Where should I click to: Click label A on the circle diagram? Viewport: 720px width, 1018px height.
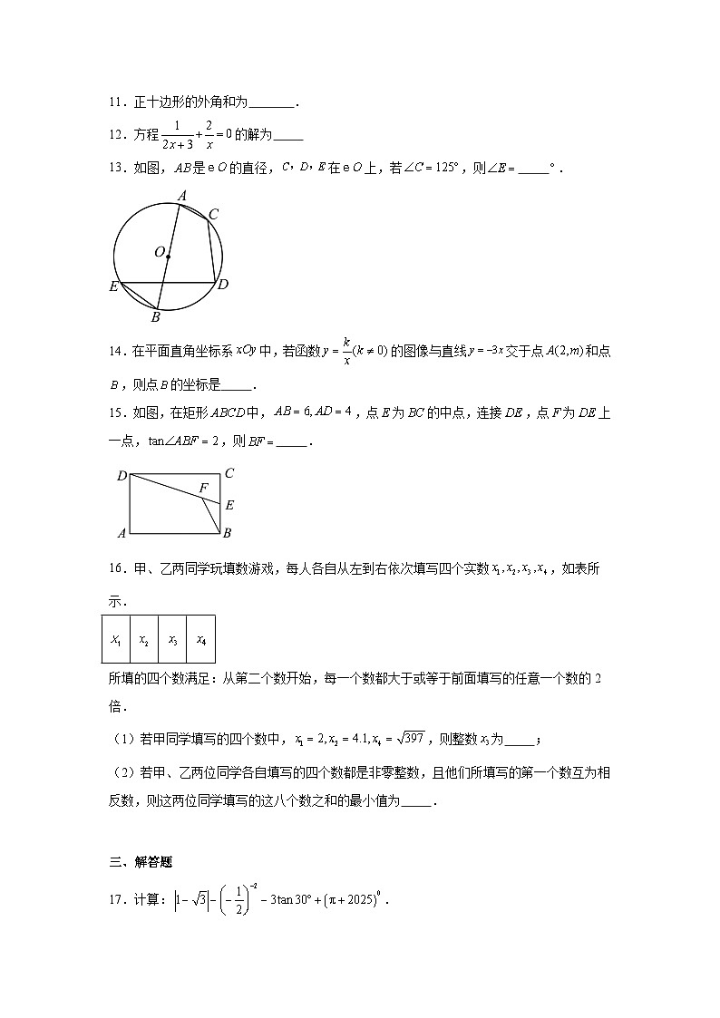point(181,196)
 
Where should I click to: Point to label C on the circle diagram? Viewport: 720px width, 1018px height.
point(213,214)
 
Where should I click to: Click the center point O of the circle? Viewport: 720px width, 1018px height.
point(168,257)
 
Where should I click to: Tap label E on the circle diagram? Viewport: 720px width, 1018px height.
point(113,286)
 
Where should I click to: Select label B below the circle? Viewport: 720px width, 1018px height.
point(155,317)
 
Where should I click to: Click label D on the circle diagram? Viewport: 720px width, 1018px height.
point(223,284)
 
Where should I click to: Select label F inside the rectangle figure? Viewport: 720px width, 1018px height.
point(204,489)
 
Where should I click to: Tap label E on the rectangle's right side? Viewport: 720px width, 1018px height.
point(229,506)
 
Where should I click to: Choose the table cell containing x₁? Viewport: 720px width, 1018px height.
point(115,640)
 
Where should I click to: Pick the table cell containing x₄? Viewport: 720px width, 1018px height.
point(200,640)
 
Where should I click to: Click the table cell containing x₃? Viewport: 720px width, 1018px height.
point(172,640)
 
